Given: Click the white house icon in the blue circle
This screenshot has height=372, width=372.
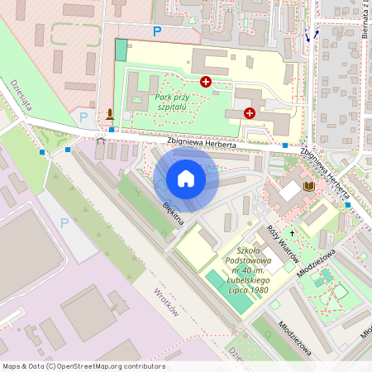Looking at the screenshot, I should click(186, 179).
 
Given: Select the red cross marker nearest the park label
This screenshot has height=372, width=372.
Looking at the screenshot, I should click(206, 81).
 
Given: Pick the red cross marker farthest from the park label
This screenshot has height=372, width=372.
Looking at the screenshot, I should click(250, 112).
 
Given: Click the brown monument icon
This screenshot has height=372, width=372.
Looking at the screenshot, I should click(110, 114).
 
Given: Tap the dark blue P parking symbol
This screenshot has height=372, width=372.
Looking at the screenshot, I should click(157, 31).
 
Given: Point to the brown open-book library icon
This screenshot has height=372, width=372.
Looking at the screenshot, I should click(310, 187).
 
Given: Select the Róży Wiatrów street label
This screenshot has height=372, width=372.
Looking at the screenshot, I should click(282, 243).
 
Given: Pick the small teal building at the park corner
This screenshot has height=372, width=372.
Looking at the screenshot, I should click(122, 50).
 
